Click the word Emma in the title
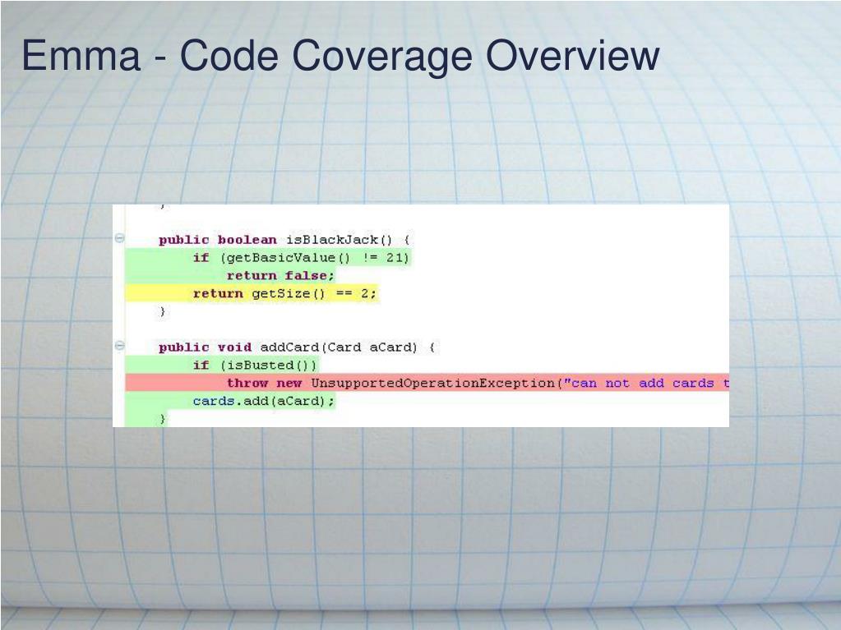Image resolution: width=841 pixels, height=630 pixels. coord(81,56)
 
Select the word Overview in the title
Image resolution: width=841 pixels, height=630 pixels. coord(572,56)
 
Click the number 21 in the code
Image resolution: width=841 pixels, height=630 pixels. coord(396,258)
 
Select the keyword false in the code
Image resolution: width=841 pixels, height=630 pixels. coord(307,276)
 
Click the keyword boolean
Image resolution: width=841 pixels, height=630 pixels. coord(247,240)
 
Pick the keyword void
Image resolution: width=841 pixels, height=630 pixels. coord(234,347)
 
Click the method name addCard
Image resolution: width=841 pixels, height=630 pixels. coord(291,347)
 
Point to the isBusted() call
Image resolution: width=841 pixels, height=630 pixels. coord(268,366)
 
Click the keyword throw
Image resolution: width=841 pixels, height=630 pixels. coord(247,384)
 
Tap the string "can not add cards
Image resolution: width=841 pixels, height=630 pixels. coord(645,384)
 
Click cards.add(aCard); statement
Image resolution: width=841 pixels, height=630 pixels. coord(263,402)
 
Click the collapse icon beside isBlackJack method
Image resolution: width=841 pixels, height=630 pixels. coord(120,239)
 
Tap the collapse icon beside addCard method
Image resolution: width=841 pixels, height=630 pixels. coord(120,347)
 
